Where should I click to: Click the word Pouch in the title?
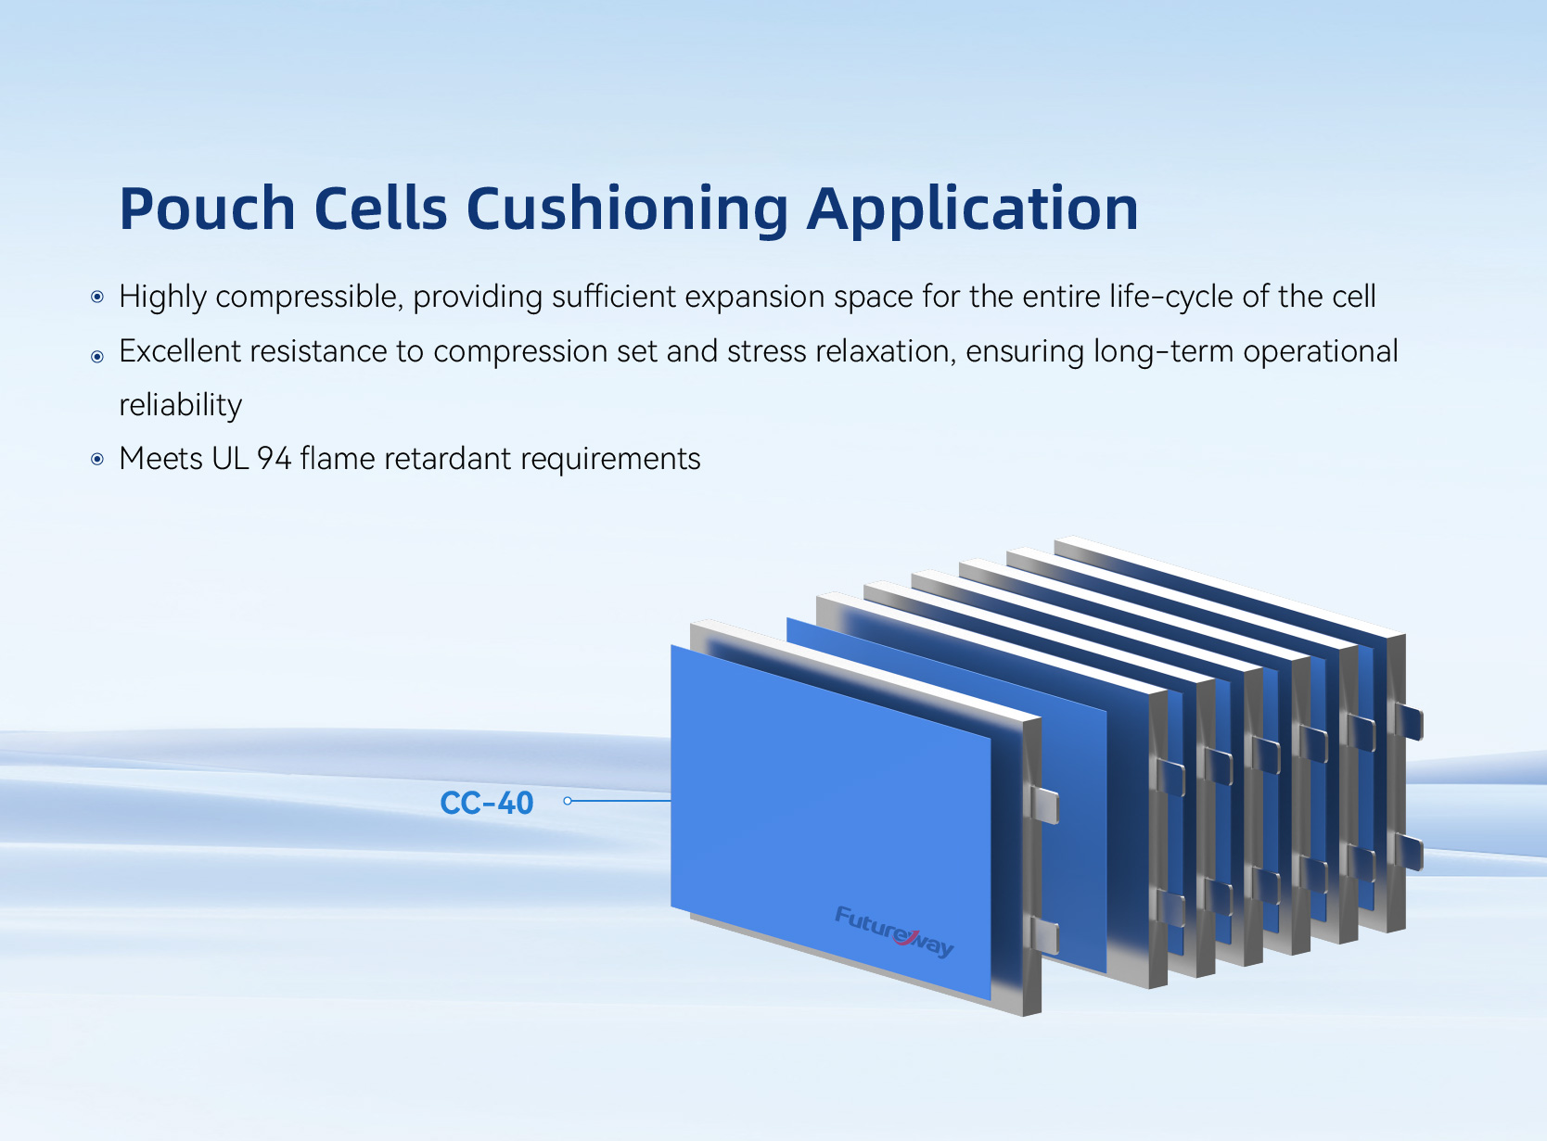[207, 209]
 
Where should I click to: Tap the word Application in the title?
[972, 209]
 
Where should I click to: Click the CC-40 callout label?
[486, 803]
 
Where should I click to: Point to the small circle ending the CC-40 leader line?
[568, 801]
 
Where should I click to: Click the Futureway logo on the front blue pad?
[894, 932]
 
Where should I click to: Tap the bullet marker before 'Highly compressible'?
[97, 297]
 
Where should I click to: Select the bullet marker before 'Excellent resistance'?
[97, 357]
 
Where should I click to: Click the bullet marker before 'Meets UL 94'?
[97, 459]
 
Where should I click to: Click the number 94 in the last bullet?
[275, 459]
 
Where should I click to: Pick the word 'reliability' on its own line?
[181, 405]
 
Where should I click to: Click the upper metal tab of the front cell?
[1044, 805]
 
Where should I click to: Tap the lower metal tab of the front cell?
[1044, 935]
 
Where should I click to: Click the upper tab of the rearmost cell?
[1408, 721]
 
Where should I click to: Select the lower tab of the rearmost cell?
[1408, 852]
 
